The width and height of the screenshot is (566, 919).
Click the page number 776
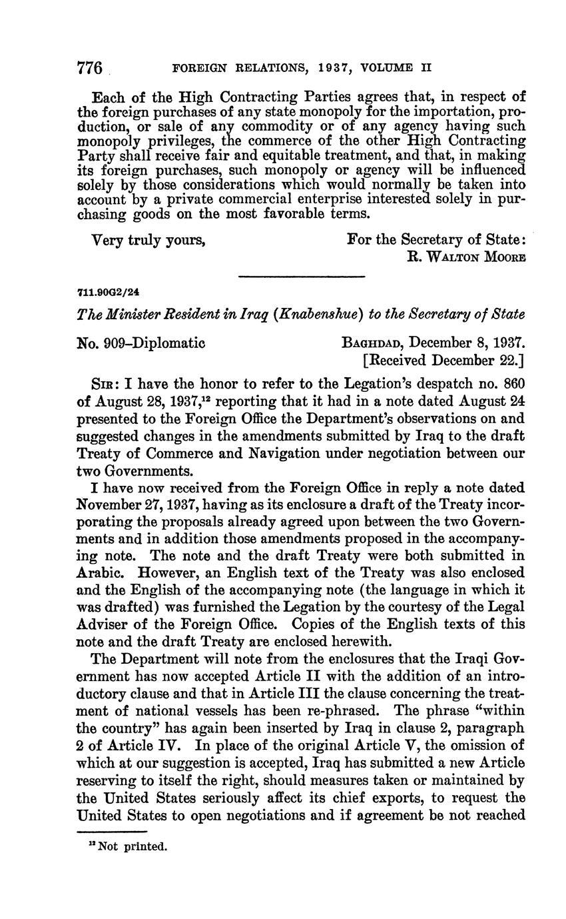click(x=89, y=68)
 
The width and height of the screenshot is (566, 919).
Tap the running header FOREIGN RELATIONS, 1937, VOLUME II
click(x=302, y=68)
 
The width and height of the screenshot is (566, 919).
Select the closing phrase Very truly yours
click(x=148, y=240)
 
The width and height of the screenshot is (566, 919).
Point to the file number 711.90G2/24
click(x=109, y=292)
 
